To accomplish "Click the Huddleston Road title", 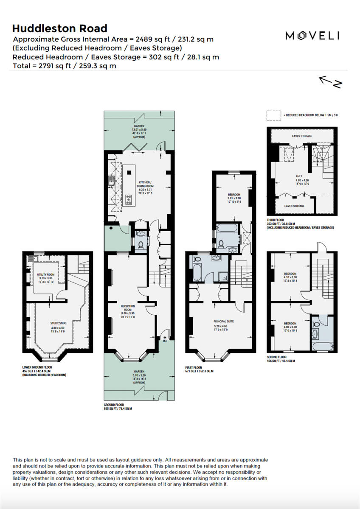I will [59, 28].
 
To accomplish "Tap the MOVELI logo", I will [312, 36].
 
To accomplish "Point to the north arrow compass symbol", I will [330, 82].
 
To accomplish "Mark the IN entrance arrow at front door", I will [165, 338].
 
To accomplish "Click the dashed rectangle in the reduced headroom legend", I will [274, 115].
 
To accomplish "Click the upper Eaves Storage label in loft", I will [302, 136].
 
